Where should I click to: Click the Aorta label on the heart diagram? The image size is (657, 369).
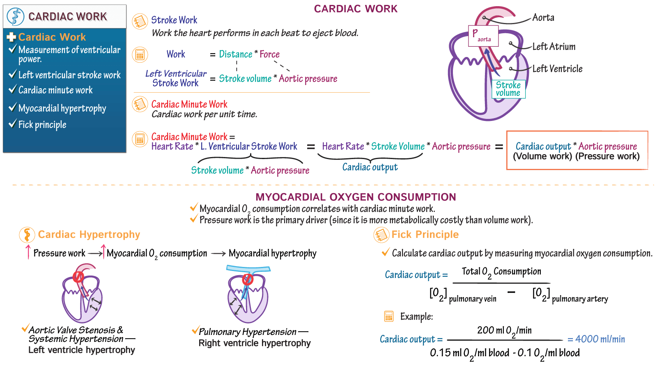(x=543, y=18)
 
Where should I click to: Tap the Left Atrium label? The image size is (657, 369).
(x=554, y=47)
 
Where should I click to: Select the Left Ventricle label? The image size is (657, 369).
(x=557, y=69)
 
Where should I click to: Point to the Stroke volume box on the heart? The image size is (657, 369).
(x=508, y=89)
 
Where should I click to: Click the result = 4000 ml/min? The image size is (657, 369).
(x=596, y=339)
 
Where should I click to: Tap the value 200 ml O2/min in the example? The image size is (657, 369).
(x=504, y=330)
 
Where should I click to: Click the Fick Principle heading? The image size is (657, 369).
(x=425, y=235)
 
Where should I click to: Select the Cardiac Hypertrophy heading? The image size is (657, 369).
(x=89, y=235)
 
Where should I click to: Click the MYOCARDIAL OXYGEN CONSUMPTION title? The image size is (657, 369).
(x=356, y=197)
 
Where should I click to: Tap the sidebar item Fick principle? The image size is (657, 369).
(x=42, y=125)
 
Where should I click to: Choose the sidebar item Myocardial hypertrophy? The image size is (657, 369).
(x=62, y=108)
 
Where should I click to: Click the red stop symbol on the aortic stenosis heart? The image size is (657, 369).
(x=78, y=278)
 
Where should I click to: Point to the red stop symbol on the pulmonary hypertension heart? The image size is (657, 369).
(x=248, y=280)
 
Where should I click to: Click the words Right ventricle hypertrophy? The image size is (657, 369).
(x=255, y=343)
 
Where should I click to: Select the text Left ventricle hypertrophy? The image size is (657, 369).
(x=81, y=350)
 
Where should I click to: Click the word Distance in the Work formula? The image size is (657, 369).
(x=235, y=54)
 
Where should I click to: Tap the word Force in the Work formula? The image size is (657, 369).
(x=269, y=54)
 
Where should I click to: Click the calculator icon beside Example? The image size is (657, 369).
(x=388, y=317)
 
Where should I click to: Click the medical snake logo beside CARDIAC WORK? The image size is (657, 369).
(x=16, y=17)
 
